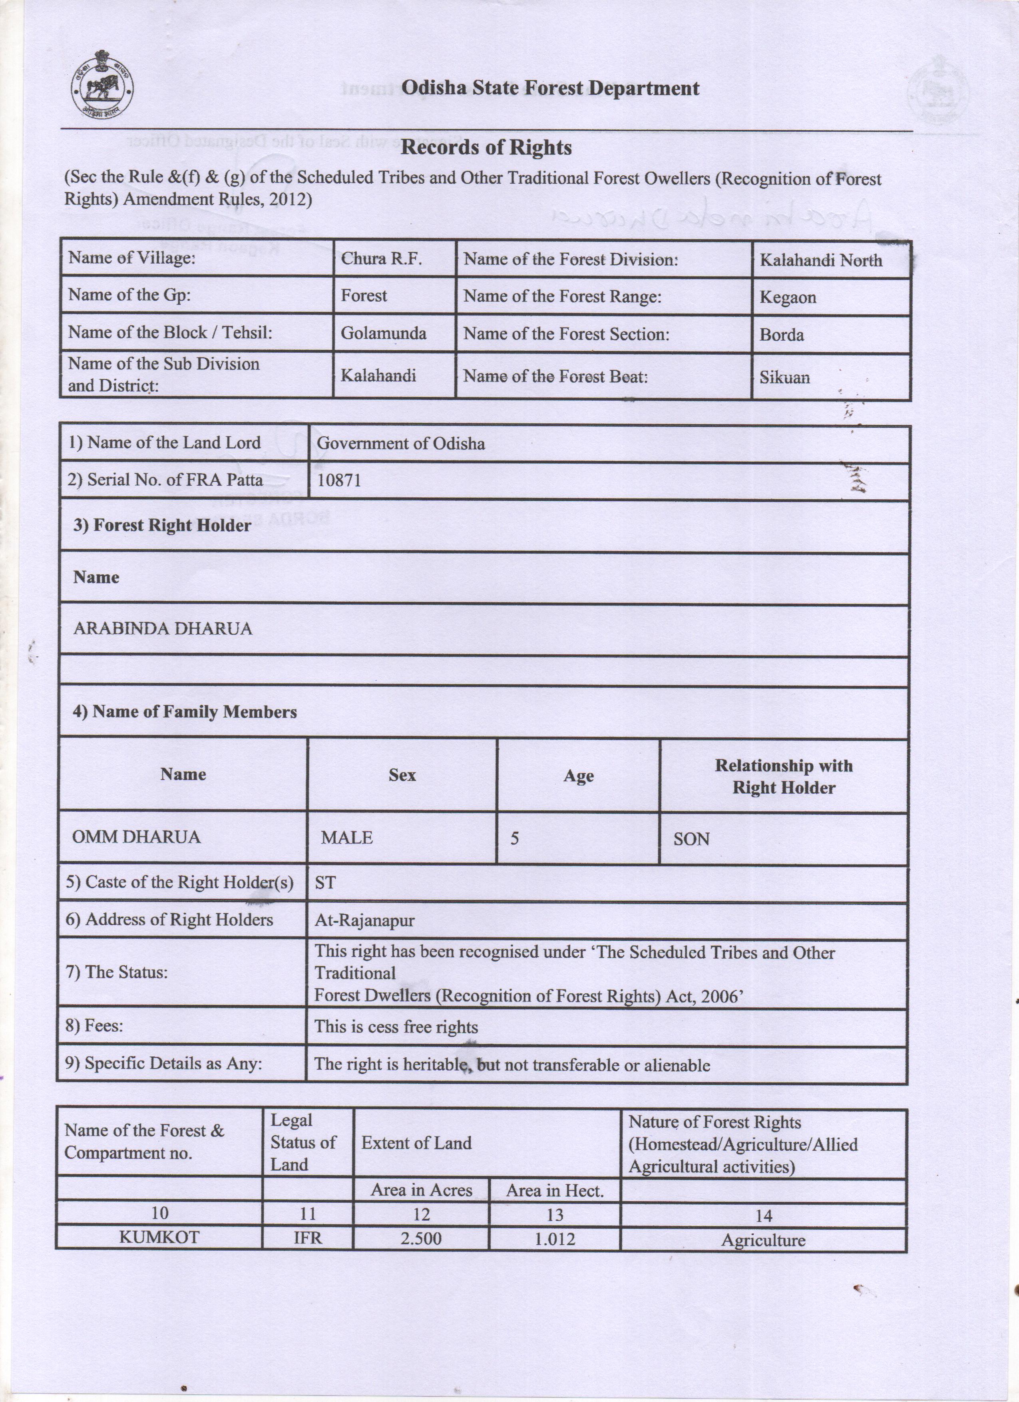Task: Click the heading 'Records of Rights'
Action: pos(486,148)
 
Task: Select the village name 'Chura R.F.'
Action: pos(381,259)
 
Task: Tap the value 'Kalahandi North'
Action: pos(820,260)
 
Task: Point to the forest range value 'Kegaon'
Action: pos(787,297)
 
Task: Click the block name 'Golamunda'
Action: pos(383,333)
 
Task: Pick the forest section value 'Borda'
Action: pos(782,335)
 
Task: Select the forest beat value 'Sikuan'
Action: pos(784,377)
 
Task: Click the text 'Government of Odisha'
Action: pos(401,443)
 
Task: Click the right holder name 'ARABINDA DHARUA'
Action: pos(163,629)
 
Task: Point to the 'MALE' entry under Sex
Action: pos(346,838)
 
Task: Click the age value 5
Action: pos(514,838)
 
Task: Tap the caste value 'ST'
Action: pos(325,883)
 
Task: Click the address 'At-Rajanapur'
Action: pos(364,920)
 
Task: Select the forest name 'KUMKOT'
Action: pos(159,1237)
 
